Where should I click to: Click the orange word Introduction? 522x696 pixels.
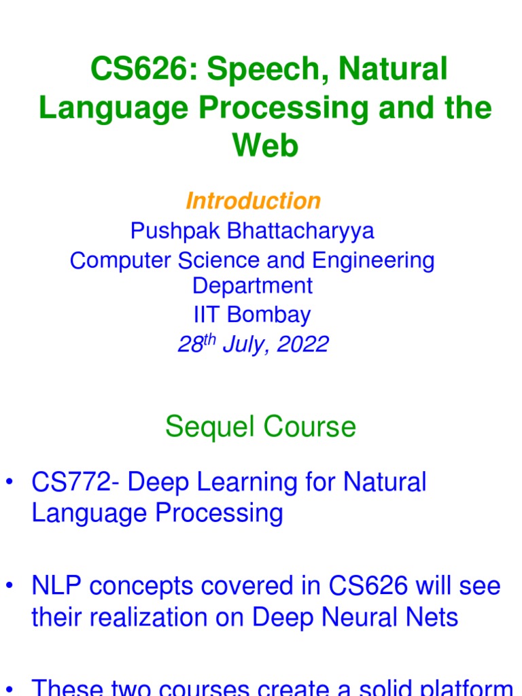pyautogui.click(x=253, y=201)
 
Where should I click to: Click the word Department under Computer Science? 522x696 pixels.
pyautogui.click(x=253, y=285)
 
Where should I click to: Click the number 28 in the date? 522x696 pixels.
pyautogui.click(x=190, y=345)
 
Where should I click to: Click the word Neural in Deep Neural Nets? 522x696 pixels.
pyautogui.click(x=356, y=617)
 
